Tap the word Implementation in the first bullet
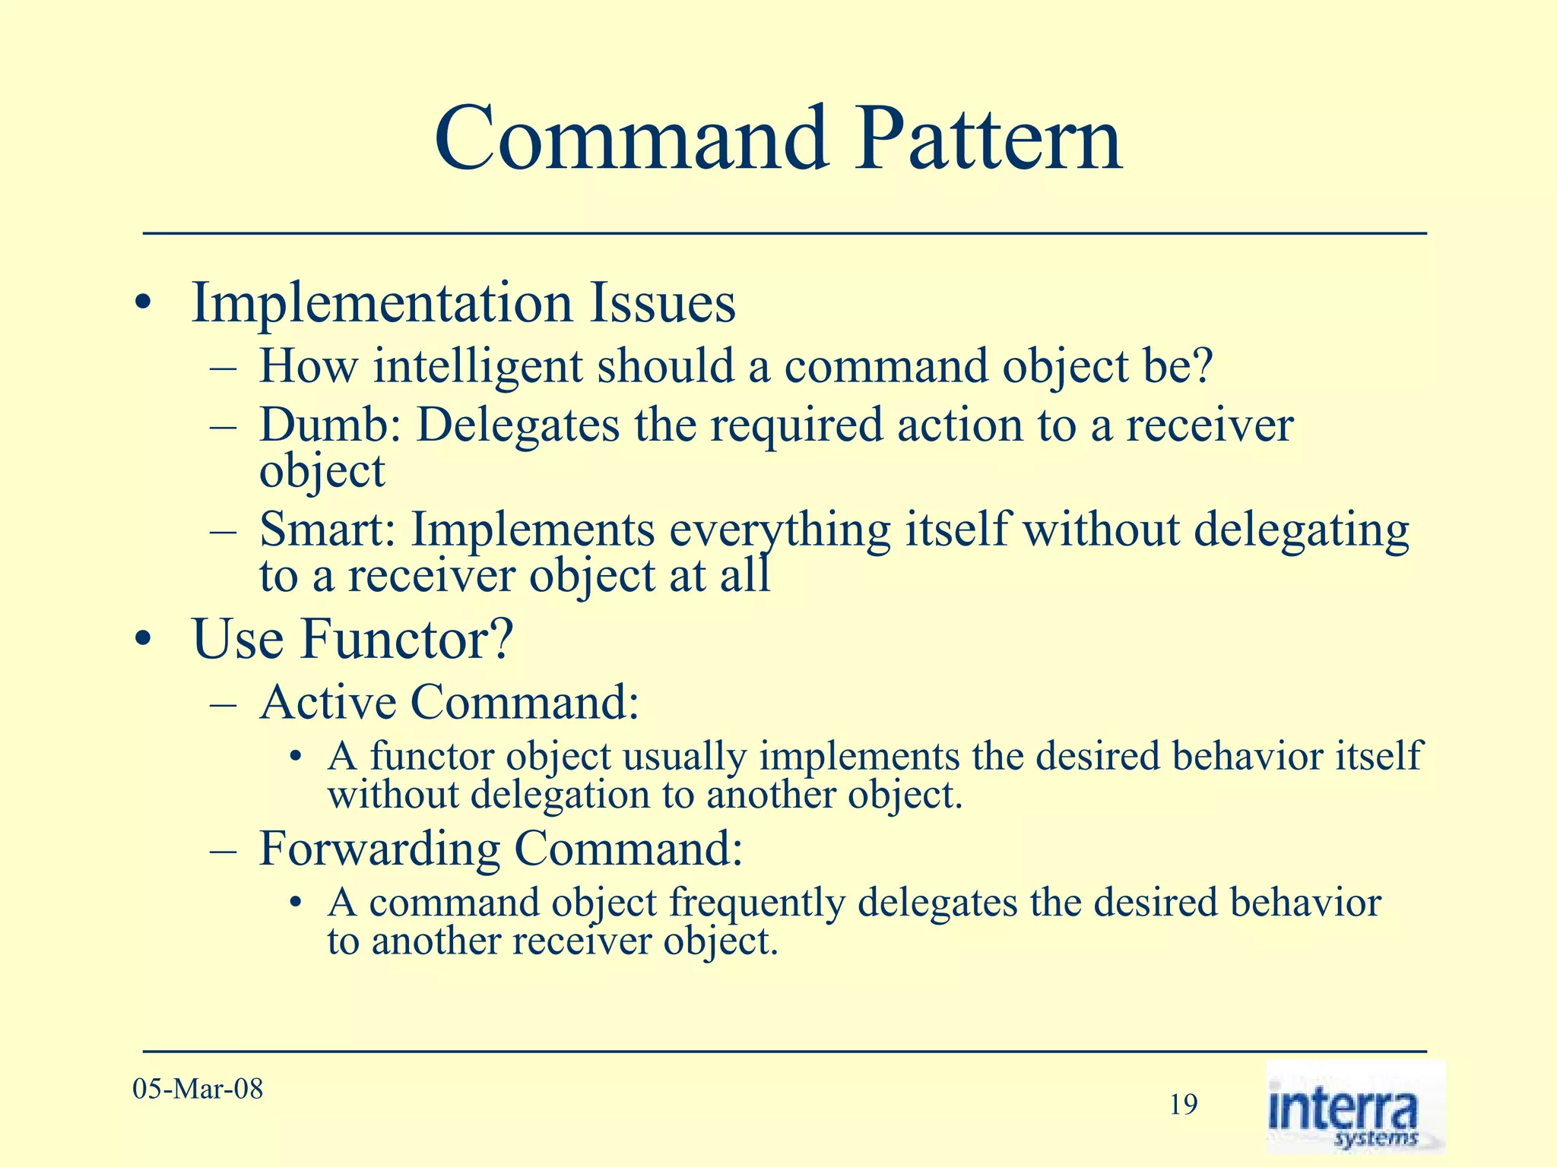[381, 304]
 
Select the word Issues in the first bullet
[661, 304]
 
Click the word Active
[328, 702]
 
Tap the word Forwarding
[378, 849]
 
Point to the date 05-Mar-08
[198, 1090]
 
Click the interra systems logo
[1355, 1108]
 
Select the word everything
[779, 530]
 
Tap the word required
[795, 425]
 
